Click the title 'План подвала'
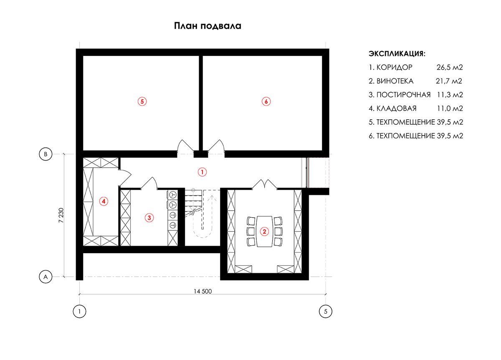(x=207, y=26)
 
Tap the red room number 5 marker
(x=142, y=101)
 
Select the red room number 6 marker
(x=266, y=101)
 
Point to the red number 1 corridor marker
(x=202, y=172)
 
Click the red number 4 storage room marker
(x=104, y=201)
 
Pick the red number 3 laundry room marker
(x=149, y=218)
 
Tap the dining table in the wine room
(x=264, y=231)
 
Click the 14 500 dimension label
(x=202, y=292)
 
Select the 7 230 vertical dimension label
(x=61, y=215)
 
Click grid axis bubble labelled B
(x=46, y=154)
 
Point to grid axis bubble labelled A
(x=46, y=277)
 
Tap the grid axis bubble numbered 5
(x=325, y=311)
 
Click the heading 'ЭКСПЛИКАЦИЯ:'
(x=397, y=54)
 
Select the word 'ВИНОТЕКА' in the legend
(x=395, y=81)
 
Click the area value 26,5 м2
(x=450, y=68)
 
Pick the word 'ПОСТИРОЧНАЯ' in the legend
(x=403, y=95)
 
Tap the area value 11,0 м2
(x=450, y=108)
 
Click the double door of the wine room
(x=265, y=184)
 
